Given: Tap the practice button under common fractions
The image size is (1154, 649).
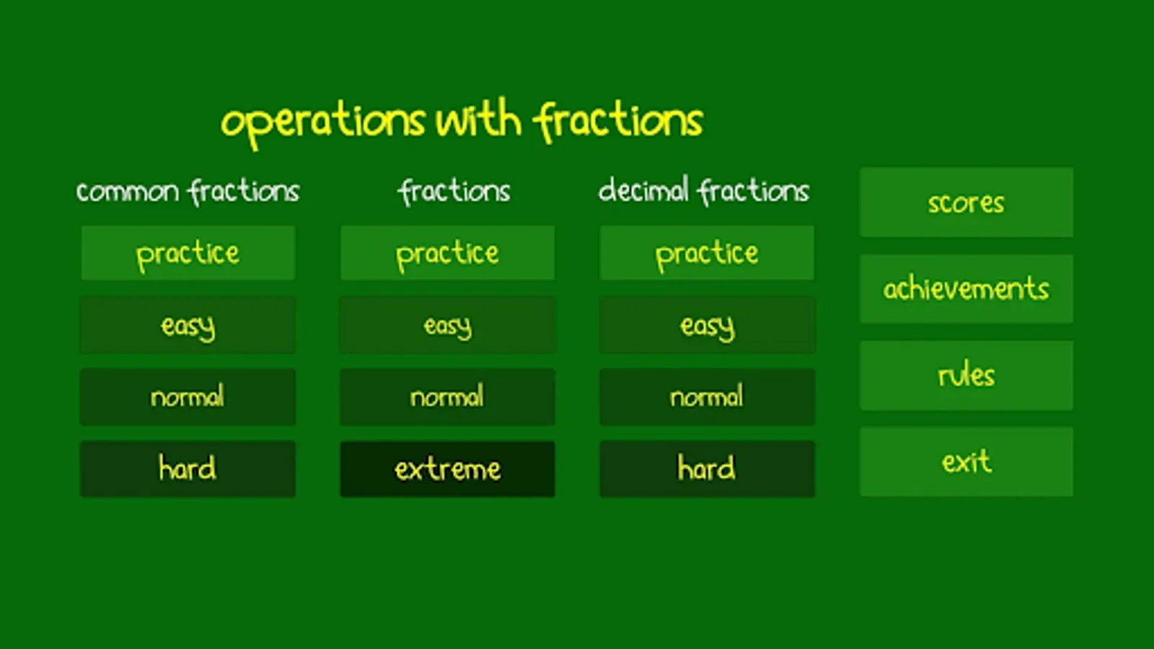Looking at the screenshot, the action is (188, 253).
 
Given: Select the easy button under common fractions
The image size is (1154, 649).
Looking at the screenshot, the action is (188, 325).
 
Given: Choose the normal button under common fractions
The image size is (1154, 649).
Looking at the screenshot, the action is (188, 397).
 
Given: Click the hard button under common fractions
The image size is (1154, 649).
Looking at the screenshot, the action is (188, 469).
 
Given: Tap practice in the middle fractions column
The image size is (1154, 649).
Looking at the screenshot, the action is (448, 253).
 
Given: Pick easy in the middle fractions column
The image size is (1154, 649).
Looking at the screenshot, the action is (448, 325).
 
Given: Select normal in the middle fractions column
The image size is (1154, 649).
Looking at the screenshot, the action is (448, 397).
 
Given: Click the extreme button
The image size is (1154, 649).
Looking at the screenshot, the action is (448, 469).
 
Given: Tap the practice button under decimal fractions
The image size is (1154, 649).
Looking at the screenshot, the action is (708, 253).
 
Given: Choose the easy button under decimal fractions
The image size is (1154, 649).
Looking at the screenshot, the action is (708, 325).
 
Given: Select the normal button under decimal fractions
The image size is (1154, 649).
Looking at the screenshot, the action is (708, 397).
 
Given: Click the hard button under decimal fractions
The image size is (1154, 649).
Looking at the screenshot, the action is (708, 469).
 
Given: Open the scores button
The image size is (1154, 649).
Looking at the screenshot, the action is (966, 202).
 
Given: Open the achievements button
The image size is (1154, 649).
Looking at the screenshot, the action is (966, 288).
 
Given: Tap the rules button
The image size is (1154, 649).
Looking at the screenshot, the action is (966, 375).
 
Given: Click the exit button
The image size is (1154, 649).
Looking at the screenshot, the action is (966, 462).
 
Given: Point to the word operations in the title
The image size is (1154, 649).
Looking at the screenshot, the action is (323, 123).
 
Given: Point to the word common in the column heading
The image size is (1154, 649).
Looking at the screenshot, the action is (128, 192).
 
